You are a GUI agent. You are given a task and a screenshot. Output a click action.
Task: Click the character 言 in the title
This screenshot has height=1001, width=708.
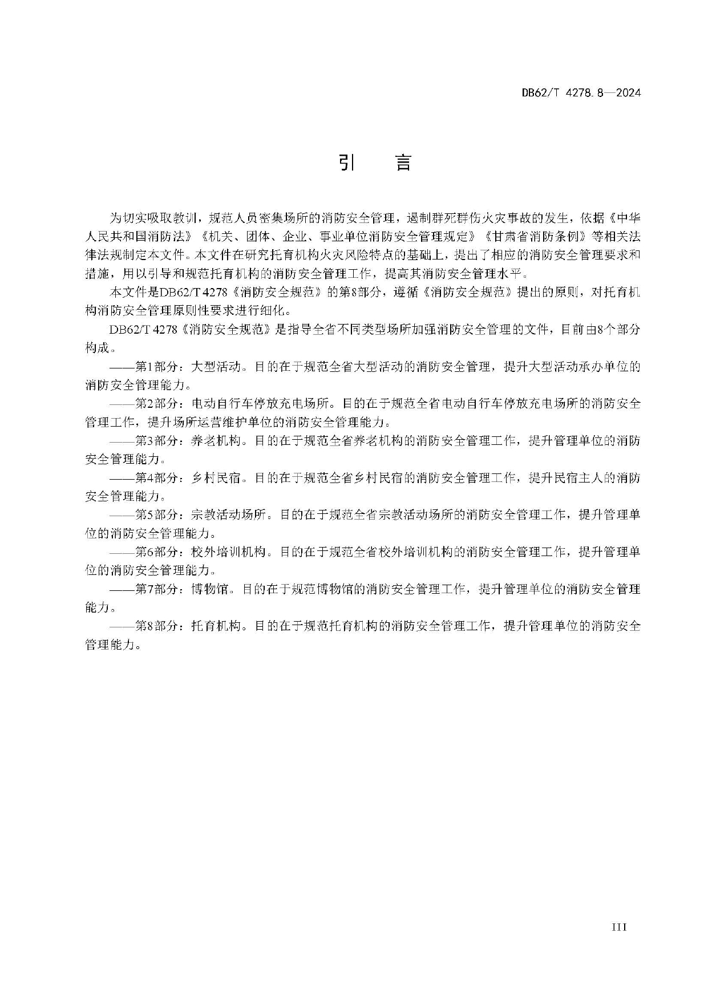coord(403,163)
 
